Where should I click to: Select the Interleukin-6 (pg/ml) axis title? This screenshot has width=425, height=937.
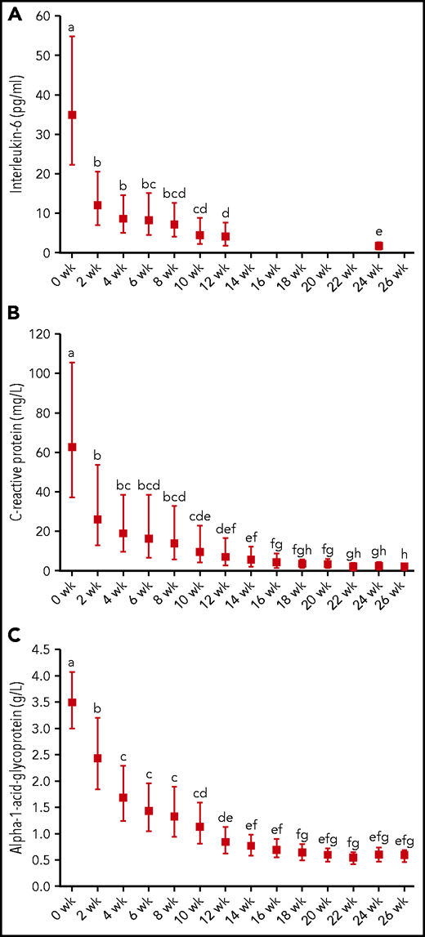(16, 135)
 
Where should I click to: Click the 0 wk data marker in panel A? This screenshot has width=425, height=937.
(72, 115)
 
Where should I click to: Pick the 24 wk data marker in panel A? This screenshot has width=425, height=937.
(378, 246)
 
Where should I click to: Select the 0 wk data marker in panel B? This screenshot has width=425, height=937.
(72, 447)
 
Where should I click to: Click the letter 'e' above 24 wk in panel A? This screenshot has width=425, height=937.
(378, 232)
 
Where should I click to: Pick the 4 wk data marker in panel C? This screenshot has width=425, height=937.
(123, 797)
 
